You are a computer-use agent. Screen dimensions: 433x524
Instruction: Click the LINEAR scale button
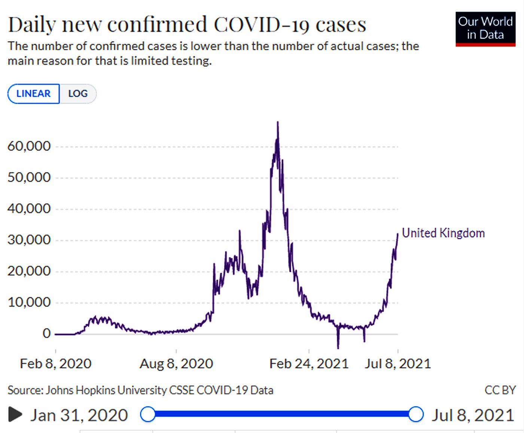coord(33,94)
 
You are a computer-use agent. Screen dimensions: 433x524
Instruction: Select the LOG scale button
coord(78,94)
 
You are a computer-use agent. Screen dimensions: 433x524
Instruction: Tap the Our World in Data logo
coord(485,29)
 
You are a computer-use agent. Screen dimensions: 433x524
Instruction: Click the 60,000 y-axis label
coord(29,146)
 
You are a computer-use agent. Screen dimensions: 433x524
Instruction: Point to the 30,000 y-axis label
coord(29,240)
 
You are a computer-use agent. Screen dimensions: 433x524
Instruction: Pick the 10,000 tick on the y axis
coord(29,302)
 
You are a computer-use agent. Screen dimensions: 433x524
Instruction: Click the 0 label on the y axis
coord(46,333)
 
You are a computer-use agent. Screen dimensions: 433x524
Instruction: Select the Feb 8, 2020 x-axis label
coord(55,363)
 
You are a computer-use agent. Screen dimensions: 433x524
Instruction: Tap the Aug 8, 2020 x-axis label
coord(176,363)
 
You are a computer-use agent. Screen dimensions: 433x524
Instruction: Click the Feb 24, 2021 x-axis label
coord(309,363)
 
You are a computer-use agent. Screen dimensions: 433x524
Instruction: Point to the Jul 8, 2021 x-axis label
coord(398,363)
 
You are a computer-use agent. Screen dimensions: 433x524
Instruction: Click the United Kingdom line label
coord(443,233)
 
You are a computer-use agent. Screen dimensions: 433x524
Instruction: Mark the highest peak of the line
coord(277,122)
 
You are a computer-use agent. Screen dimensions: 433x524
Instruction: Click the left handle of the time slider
coord(148,414)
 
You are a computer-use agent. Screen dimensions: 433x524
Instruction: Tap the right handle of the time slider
coord(415,414)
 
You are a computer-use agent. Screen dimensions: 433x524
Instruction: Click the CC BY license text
coord(500,390)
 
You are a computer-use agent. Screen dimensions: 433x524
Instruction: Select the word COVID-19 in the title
coord(261,25)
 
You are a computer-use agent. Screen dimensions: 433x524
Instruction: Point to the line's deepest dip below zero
coord(338,348)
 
